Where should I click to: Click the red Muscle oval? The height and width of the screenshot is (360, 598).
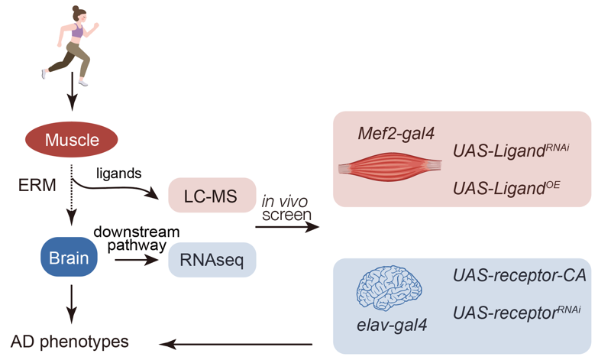point(73,140)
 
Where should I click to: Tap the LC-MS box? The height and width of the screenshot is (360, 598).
point(212,198)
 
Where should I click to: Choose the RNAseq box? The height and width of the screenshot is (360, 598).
point(212,259)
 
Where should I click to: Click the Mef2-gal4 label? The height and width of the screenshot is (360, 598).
point(396,134)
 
